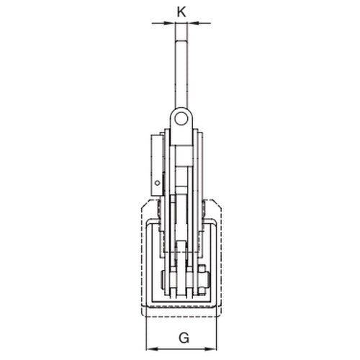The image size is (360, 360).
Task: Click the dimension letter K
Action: point(181,12)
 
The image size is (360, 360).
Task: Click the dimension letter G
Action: point(184,338)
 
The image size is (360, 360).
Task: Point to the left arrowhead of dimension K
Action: point(169,23)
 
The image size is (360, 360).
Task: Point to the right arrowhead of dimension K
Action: point(194,23)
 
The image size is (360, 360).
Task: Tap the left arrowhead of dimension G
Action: point(152,348)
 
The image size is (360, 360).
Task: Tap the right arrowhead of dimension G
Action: point(211,348)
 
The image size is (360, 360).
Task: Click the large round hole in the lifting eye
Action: point(181,120)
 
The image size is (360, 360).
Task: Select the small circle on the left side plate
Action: point(158,183)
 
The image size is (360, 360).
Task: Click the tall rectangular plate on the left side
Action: point(157,165)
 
